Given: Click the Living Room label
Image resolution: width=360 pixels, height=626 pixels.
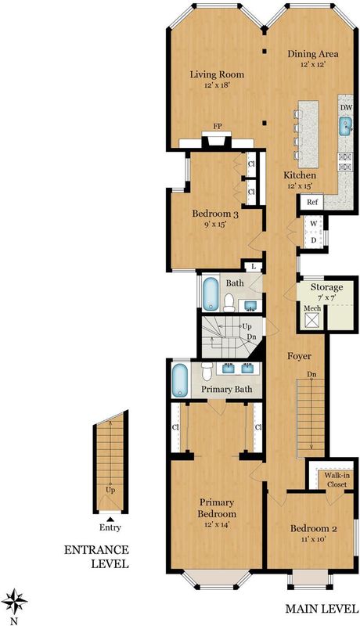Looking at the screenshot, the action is click(217, 74).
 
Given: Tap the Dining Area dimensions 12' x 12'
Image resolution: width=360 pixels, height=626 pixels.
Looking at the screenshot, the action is click(313, 64).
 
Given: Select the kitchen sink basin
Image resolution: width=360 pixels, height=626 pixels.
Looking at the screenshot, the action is click(345, 127).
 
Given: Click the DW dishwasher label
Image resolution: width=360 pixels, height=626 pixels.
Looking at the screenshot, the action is click(345, 107).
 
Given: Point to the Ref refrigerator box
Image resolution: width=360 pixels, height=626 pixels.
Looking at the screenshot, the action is click(312, 202).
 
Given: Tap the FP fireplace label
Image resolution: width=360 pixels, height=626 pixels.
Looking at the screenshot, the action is click(217, 126).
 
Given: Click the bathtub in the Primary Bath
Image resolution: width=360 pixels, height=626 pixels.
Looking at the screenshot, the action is click(179, 380).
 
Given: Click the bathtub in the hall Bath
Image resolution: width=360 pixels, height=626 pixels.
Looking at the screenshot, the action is click(211, 295).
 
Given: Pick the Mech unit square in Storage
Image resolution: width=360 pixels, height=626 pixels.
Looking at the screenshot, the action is click(312, 320).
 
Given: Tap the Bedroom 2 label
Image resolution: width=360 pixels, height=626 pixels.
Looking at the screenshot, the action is click(314, 529).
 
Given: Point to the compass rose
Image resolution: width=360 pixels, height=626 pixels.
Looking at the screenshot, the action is click(14, 601).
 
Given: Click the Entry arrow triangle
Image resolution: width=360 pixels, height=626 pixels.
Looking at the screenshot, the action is click(110, 519).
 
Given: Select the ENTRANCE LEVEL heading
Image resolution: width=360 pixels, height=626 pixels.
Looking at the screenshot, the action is click(96, 557).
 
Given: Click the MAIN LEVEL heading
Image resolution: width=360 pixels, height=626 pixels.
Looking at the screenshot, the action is click(322, 609).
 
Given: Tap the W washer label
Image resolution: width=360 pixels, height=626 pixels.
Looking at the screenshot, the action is click(314, 224).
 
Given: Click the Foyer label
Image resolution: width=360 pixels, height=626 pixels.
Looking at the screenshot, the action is click(299, 356).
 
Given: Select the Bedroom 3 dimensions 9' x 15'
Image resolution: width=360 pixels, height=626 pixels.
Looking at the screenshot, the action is click(215, 224).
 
